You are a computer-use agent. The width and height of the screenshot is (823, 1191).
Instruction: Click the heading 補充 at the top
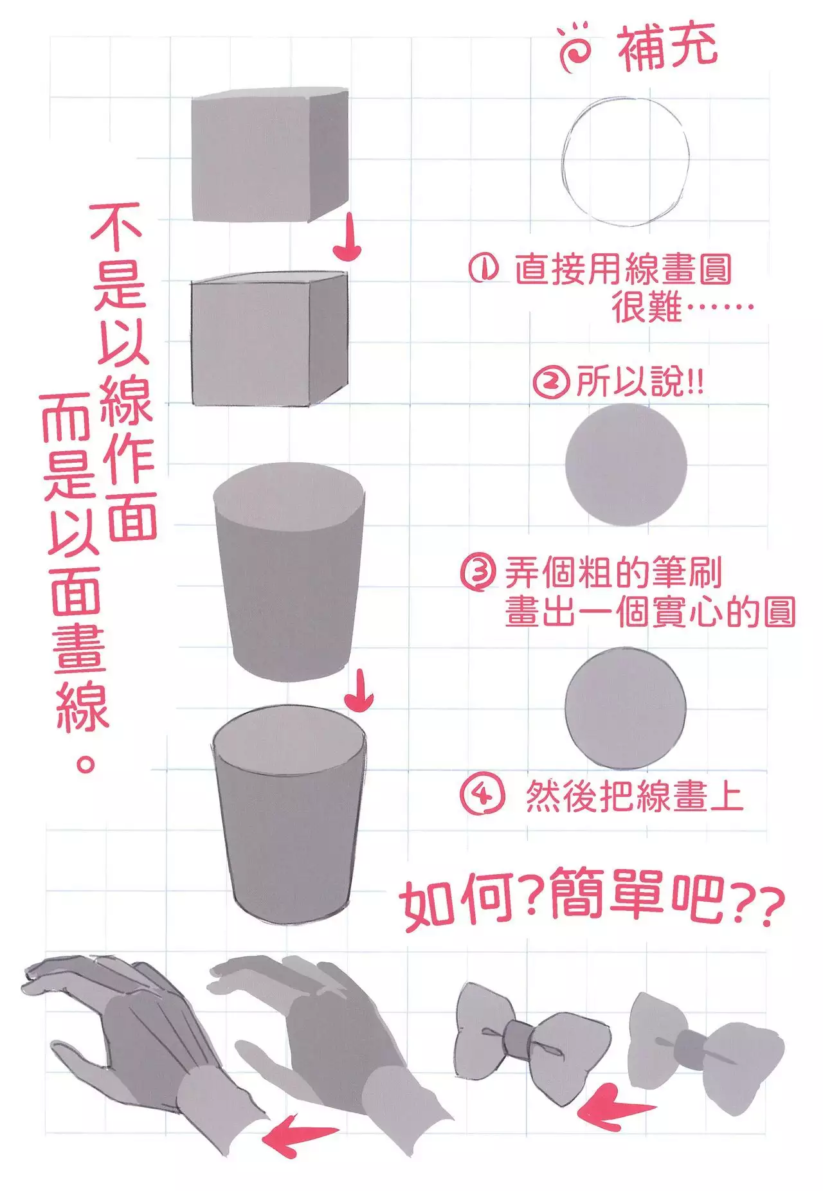click(x=667, y=48)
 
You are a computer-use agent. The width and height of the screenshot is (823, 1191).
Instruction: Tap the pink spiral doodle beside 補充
click(x=574, y=48)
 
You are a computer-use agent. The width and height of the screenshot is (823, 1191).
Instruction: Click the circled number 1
click(x=483, y=268)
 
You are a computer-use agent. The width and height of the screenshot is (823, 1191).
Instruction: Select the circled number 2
click(x=551, y=382)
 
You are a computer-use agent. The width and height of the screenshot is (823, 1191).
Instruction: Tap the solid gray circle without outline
click(x=626, y=464)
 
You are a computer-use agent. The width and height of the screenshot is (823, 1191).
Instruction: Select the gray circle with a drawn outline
click(x=626, y=708)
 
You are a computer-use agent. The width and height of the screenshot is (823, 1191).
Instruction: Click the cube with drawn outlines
click(x=269, y=339)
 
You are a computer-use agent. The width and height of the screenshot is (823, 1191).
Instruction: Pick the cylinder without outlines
click(x=289, y=571)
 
